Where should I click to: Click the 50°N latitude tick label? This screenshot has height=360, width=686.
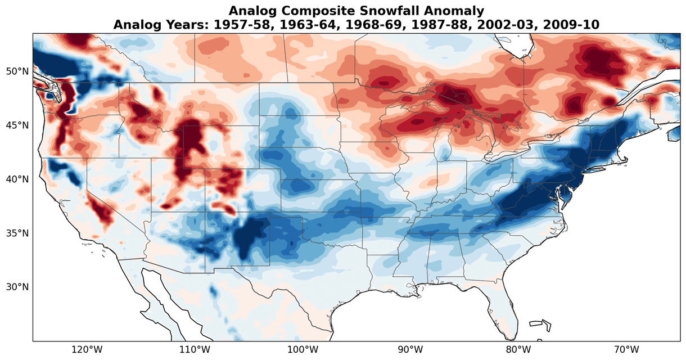coord(17,71)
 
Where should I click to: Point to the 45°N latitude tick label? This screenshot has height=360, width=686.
coord(17,125)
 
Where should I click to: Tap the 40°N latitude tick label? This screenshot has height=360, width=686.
coord(17,179)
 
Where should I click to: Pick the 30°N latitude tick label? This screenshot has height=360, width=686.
coord(17,287)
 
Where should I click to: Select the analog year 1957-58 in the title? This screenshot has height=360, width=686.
coord(265,25)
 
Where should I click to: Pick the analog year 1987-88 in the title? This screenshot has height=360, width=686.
coord(448,25)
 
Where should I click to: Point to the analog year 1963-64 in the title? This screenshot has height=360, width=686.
coord(326,25)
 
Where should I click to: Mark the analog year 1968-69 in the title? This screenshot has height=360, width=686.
coord(387,25)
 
